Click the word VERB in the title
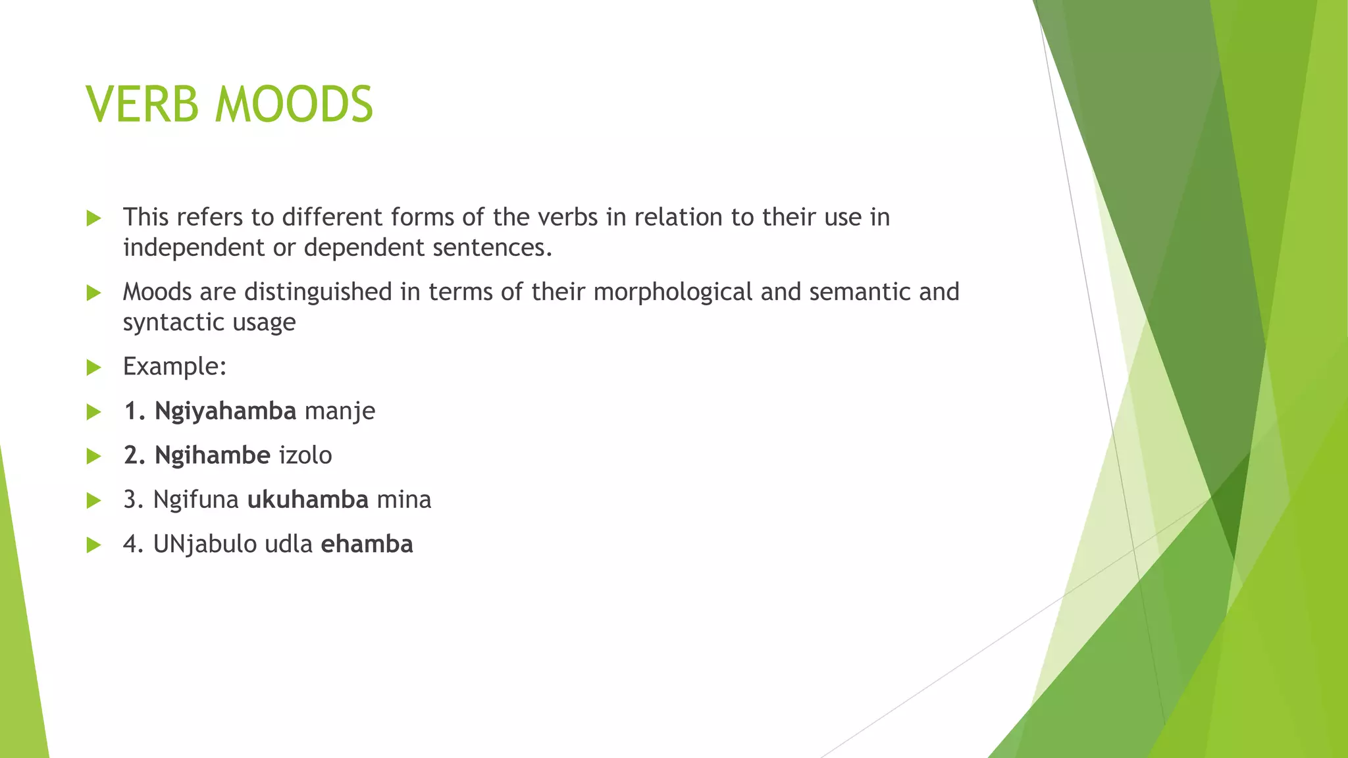[142, 105]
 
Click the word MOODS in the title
[294, 105]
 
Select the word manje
[340, 411]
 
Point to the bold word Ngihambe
[212, 455]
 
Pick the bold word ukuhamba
[307, 500]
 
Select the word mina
[404, 500]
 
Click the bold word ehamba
[367, 545]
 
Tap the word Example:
[174, 366]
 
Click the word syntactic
[165, 322]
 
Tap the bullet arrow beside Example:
[94, 367]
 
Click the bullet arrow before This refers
[94, 218]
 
